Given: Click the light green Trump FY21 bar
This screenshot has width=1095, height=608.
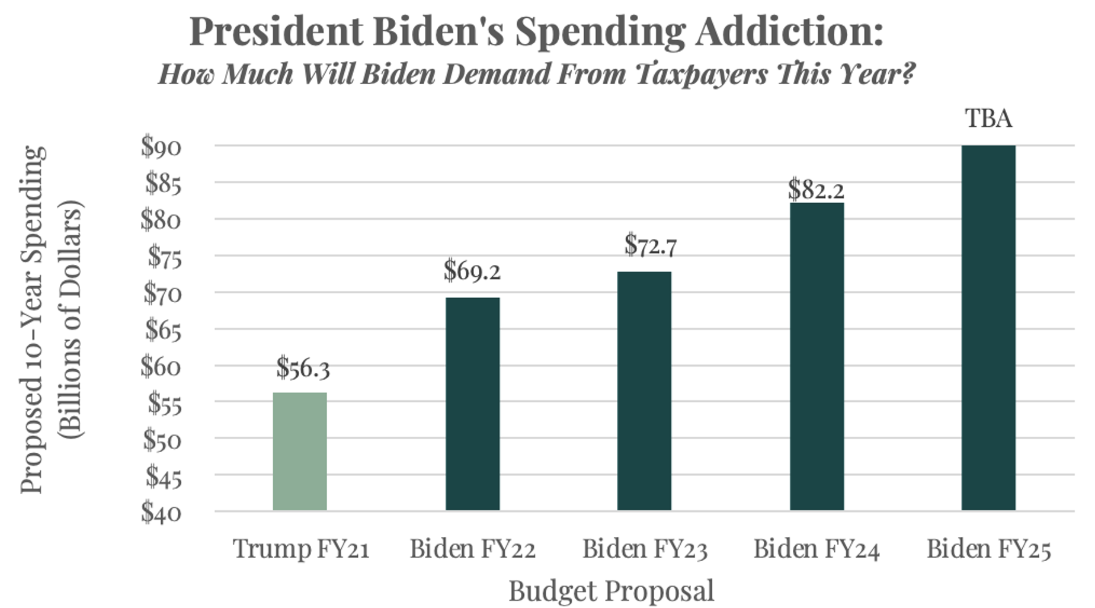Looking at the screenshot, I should tap(300, 451).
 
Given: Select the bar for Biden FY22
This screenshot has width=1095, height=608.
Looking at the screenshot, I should tap(472, 404).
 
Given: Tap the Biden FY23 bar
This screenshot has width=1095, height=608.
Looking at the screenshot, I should tap(644, 391).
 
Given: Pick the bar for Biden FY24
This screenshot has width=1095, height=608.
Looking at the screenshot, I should tap(817, 356).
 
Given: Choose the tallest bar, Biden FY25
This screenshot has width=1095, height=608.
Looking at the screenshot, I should tap(988, 328).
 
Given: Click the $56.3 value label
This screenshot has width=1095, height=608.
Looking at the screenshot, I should tap(303, 368).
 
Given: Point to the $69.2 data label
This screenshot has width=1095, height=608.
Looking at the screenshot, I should tap(472, 271).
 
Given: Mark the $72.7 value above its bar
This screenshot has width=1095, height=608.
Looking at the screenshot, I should tap(650, 245).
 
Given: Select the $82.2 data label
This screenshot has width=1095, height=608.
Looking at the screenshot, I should tap(816, 190).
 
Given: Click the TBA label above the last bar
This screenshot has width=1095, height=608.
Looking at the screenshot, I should tap(988, 119).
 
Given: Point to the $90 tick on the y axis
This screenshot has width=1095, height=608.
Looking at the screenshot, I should tap(161, 146).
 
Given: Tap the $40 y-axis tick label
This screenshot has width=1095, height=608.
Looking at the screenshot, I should tap(161, 512).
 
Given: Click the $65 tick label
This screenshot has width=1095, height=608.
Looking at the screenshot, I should tap(163, 329).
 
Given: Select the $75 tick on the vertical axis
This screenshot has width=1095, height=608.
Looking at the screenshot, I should tap(164, 257).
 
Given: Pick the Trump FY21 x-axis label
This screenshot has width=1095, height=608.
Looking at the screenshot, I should tap(301, 549).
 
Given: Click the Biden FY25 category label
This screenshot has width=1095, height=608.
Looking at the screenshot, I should tap(988, 549).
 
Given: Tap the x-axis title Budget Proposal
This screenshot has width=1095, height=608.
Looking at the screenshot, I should tap(611, 591).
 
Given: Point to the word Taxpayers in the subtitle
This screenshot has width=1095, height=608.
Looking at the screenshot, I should tap(702, 74).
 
